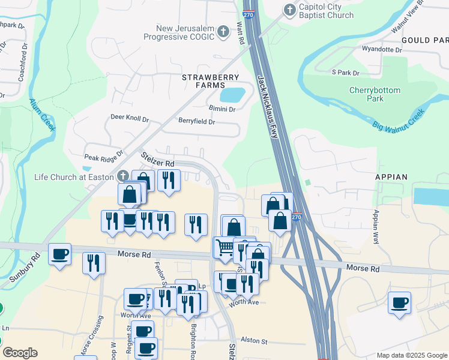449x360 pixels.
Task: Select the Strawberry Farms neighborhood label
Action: [211, 82]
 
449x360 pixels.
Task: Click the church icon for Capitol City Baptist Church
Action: [290, 10]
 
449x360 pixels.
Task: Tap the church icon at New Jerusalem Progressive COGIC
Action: [223, 31]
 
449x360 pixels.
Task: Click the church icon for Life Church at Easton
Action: [123, 175]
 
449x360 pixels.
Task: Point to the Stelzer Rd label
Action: [158, 160]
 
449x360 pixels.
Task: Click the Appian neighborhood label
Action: [391, 178]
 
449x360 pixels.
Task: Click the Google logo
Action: [20, 353]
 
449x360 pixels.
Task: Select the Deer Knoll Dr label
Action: [129, 119]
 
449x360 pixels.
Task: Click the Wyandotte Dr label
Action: [382, 49]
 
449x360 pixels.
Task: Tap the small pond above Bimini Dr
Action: [232, 95]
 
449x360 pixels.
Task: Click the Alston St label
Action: [253, 340]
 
